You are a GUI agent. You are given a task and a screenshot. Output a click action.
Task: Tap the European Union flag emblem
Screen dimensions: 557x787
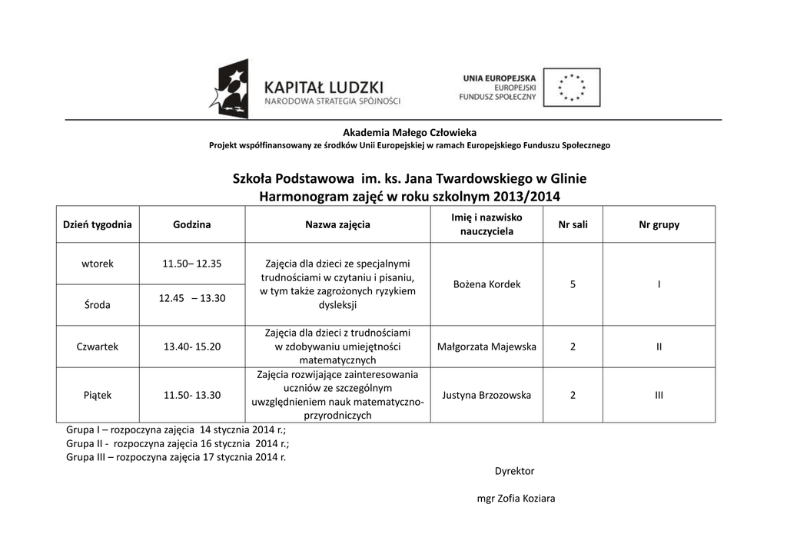point(571,87)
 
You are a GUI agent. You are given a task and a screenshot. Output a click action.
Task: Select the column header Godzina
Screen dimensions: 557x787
point(191,224)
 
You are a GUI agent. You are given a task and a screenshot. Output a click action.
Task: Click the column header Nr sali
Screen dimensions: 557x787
point(573,224)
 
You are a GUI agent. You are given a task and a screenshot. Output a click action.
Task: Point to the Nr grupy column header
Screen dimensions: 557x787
point(659,224)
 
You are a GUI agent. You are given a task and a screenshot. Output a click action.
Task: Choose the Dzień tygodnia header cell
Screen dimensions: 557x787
point(98,224)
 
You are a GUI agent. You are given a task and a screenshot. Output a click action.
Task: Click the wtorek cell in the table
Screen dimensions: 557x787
point(98,264)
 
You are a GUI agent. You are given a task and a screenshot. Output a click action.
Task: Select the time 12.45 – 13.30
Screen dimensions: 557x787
point(192,298)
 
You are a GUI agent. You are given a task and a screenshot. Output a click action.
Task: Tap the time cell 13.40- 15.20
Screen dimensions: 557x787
point(192,346)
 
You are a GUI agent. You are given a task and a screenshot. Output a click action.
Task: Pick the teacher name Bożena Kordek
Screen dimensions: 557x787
point(487,284)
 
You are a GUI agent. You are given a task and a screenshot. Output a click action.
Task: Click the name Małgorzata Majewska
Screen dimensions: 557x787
point(487,346)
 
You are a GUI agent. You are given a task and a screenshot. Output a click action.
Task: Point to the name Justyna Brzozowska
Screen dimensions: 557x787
point(487,395)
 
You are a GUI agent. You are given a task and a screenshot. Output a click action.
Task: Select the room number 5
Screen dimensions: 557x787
point(573,284)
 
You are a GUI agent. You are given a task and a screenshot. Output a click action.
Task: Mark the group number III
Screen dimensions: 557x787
point(659,395)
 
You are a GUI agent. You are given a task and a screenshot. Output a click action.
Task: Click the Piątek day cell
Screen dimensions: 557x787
point(98,395)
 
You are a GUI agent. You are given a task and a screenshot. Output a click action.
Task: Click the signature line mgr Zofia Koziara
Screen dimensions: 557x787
point(516,498)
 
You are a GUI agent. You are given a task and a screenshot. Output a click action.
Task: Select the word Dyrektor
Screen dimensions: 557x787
point(514,471)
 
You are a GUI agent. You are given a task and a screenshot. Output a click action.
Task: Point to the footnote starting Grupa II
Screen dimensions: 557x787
point(178,443)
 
